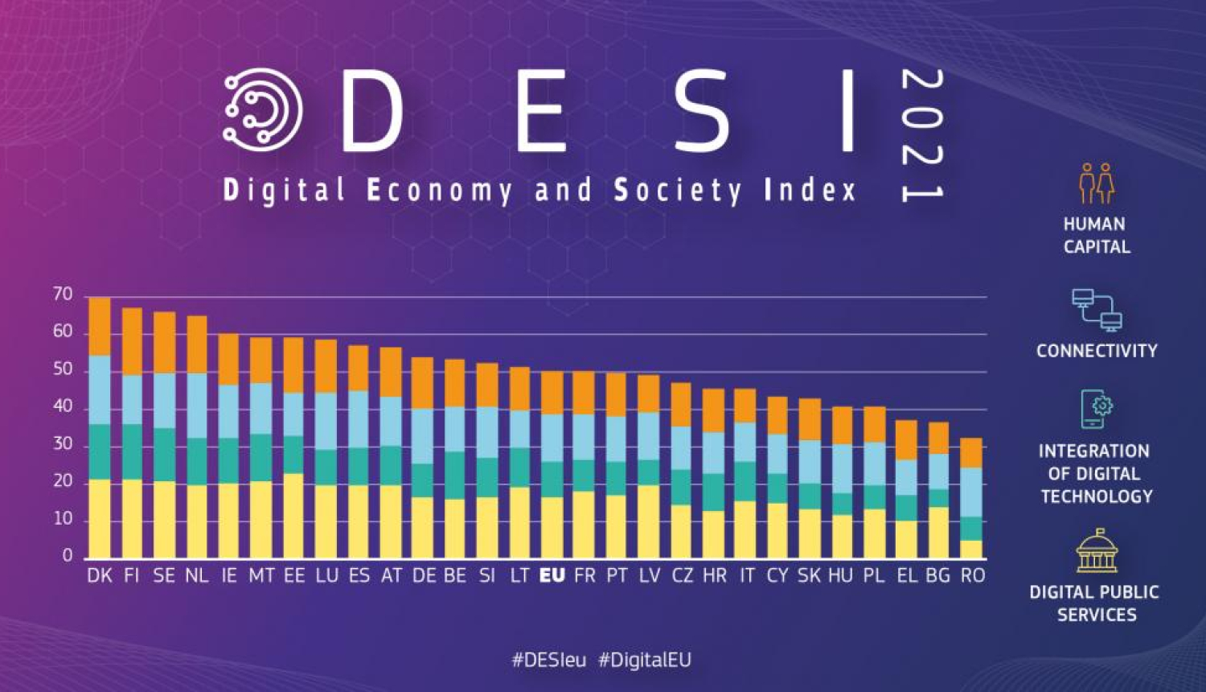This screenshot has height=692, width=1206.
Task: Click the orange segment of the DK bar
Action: pyautogui.click(x=99, y=327)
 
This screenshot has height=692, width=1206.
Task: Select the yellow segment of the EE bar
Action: pyautogui.click(x=294, y=515)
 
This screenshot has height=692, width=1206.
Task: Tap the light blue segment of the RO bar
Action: pyautogui.click(x=971, y=492)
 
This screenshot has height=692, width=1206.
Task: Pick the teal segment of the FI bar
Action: pyautogui.click(x=132, y=451)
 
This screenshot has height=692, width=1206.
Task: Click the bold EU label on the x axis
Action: pyautogui.click(x=552, y=576)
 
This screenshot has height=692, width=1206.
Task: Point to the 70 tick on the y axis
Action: pyautogui.click(x=63, y=295)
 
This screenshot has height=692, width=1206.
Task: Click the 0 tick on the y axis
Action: pyautogui.click(x=68, y=555)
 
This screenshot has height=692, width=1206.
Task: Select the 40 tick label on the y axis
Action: pyautogui.click(x=63, y=407)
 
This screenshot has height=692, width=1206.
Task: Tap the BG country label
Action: pyautogui.click(x=938, y=576)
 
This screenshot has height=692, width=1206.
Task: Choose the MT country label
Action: pyautogui.click(x=261, y=576)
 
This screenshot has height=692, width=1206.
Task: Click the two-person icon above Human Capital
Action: pyautogui.click(x=1097, y=183)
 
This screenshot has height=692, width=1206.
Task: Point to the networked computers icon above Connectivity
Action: pyautogui.click(x=1097, y=310)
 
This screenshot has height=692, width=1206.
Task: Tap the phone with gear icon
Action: pyautogui.click(x=1097, y=409)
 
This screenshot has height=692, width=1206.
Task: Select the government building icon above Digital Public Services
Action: pyautogui.click(x=1097, y=551)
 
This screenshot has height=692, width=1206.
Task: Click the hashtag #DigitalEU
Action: pyautogui.click(x=645, y=661)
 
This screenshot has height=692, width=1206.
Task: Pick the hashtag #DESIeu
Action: pyautogui.click(x=549, y=661)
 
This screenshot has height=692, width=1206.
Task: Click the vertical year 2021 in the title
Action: pyautogui.click(x=921, y=135)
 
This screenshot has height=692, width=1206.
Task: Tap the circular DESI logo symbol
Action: pyautogui.click(x=262, y=110)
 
